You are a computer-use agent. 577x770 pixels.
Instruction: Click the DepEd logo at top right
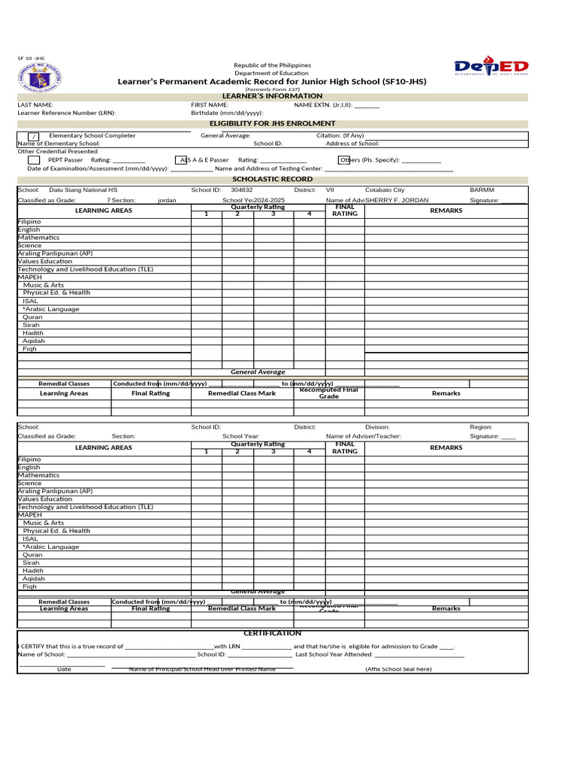[491, 68]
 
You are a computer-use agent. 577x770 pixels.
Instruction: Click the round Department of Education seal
[39, 78]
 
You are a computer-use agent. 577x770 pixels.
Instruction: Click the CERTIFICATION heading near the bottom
[272, 633]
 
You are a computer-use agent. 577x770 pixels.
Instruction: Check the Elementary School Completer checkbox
[34, 136]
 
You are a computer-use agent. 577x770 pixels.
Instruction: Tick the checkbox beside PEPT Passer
[34, 160]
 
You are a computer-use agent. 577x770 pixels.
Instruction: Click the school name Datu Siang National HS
[83, 190]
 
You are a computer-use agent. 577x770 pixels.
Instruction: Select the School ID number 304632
[242, 190]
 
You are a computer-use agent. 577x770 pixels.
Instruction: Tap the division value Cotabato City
[385, 190]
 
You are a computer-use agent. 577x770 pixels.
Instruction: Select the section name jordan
[167, 201]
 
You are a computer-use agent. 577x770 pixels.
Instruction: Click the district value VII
[330, 190]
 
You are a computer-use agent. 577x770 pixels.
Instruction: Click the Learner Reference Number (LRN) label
[67, 113]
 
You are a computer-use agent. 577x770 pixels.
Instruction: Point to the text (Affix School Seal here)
[398, 669]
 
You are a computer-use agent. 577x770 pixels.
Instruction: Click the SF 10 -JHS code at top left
[30, 59]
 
